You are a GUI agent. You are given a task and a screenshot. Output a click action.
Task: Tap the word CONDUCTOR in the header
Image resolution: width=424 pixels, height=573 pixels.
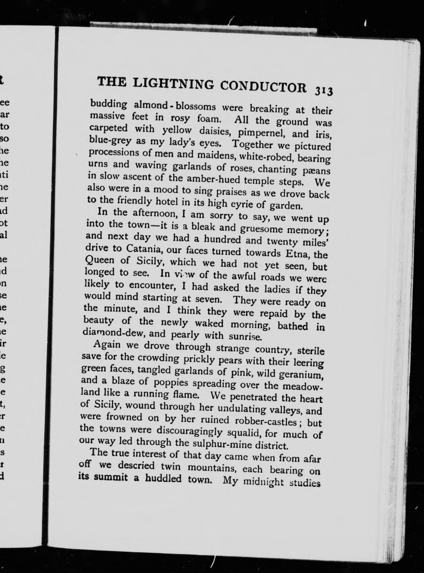pyautogui.click(x=263, y=87)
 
